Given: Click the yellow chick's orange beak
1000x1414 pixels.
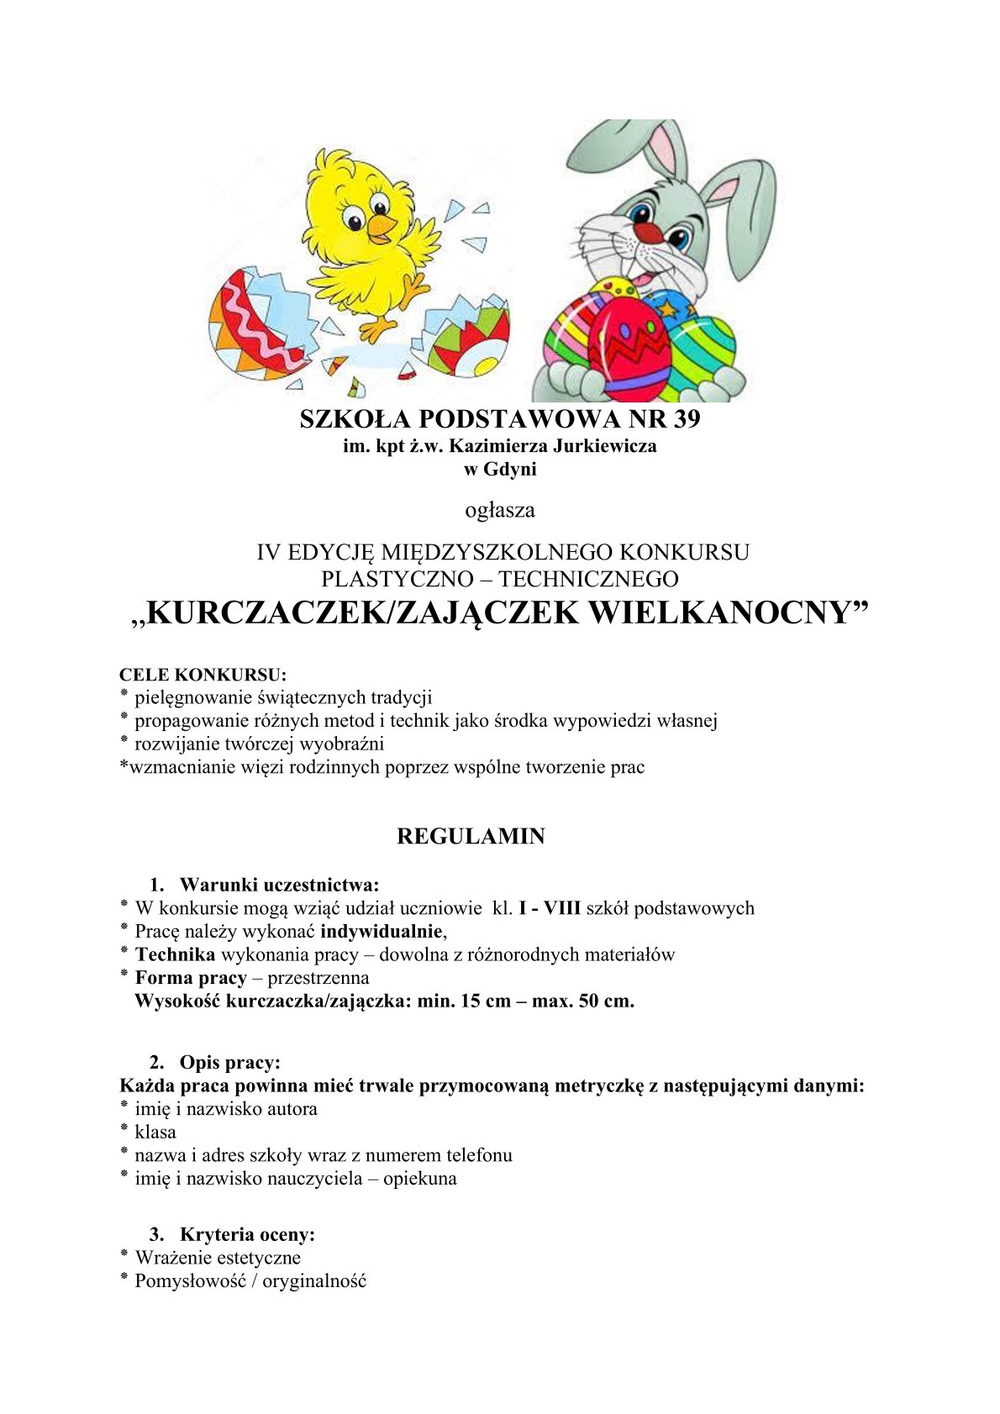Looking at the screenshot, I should tap(382, 225).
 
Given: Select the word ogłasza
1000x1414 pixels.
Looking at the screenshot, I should tap(500, 510).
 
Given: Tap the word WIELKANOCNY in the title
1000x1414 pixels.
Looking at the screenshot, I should tap(727, 612).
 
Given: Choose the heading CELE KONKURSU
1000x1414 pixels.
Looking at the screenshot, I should tap(203, 675).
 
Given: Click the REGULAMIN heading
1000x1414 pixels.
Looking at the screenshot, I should tap(471, 837).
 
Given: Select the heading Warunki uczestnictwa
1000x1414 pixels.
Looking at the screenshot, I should tap(279, 885).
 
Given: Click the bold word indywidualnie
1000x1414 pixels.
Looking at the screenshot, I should tap(382, 931).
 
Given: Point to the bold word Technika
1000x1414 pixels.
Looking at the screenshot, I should tap(175, 954).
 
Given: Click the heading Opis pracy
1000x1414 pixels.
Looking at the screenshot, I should tap(229, 1063).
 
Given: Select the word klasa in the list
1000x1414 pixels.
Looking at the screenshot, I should tap(155, 1132).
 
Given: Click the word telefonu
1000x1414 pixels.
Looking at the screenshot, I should tap(479, 1155).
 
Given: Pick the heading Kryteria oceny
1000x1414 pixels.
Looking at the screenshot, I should tap(247, 1234).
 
